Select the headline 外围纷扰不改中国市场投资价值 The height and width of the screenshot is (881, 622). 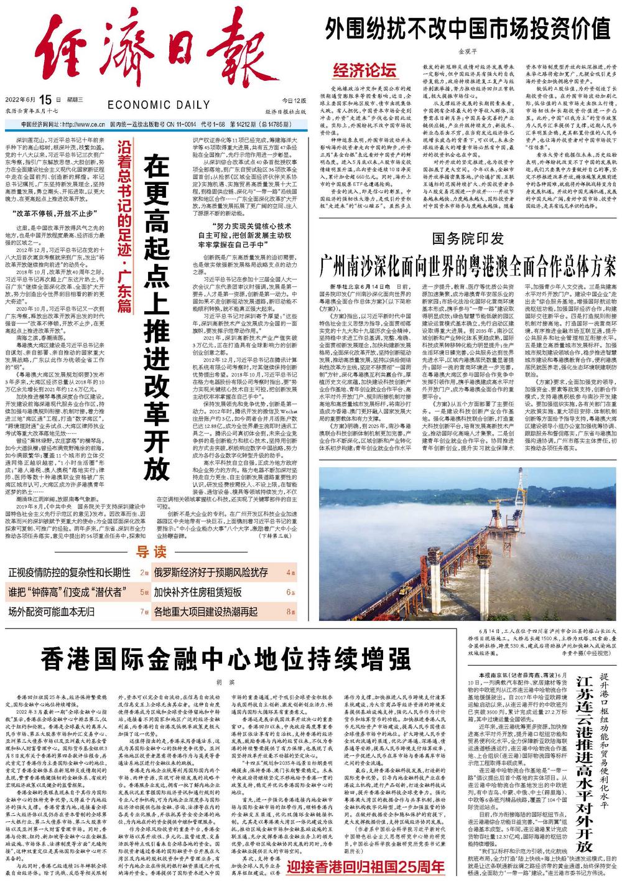tap(470, 27)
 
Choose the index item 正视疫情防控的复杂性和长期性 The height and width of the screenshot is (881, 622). tap(69, 572)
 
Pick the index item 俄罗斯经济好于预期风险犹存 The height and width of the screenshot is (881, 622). tap(211, 572)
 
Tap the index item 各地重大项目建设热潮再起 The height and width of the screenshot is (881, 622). tap(206, 610)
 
